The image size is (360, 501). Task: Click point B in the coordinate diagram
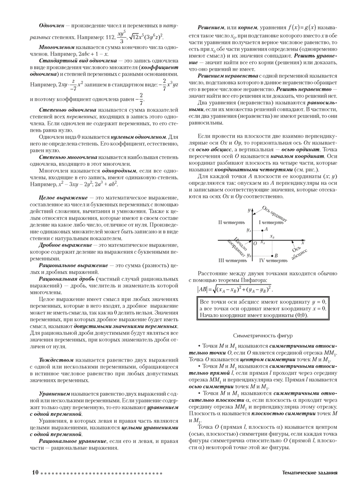coord(269,256)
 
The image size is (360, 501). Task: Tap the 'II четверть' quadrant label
coord(231,221)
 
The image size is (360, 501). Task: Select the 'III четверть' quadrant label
coord(232,261)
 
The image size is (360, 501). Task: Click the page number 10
coord(35,472)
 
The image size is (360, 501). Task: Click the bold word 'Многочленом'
coord(56,46)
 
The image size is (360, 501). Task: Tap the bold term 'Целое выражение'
coord(61,199)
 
